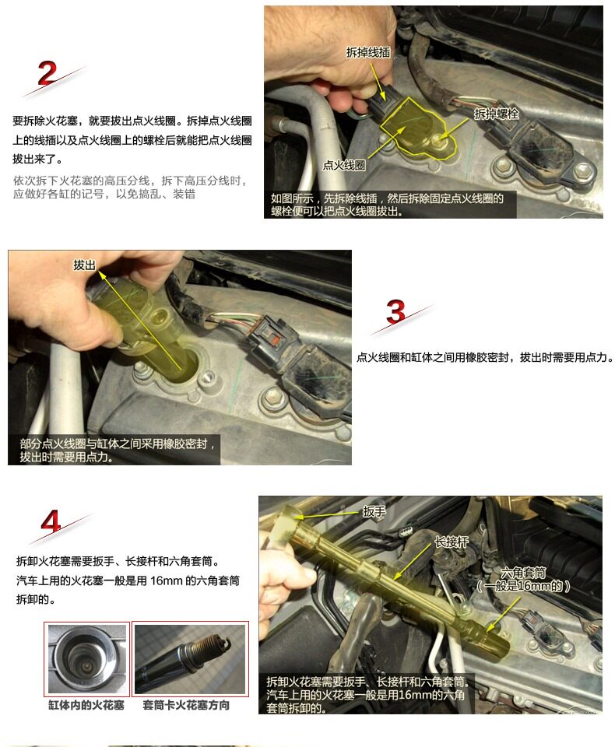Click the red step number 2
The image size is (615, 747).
[47, 73]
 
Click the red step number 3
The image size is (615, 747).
[395, 311]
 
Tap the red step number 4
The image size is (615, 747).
[51, 521]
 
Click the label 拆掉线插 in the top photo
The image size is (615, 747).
[368, 52]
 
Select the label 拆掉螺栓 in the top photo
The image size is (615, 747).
[497, 114]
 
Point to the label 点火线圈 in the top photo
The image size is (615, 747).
[344, 165]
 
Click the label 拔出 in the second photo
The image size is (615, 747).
[84, 265]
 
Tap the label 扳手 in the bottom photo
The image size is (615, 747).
[374, 512]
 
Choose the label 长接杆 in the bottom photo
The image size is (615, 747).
[452, 542]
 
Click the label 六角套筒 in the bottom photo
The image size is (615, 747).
[523, 573]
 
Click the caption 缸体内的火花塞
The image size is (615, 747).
[86, 705]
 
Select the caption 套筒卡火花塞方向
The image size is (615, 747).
[186, 705]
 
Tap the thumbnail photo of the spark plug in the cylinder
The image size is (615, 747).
[87, 659]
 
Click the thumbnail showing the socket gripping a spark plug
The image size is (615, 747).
[190, 659]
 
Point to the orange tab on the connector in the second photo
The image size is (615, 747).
[274, 340]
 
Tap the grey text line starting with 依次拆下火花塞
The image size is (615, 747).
[130, 181]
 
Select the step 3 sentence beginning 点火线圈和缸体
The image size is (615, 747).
[485, 357]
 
